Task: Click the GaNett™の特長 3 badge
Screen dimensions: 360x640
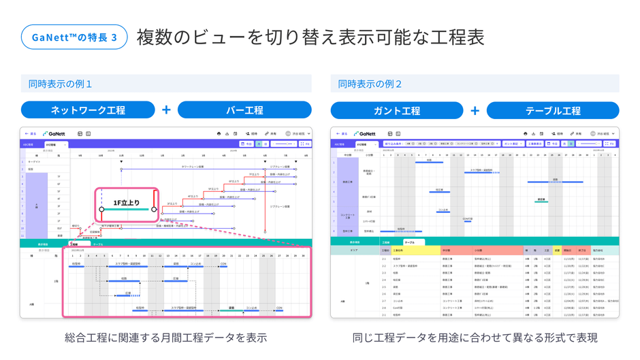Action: [74, 37]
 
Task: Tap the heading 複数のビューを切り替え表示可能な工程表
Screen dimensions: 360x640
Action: [310, 37]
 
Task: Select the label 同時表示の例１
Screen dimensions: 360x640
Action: [60, 84]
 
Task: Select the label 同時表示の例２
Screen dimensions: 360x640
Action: [370, 84]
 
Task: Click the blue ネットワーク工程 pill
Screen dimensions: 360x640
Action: [88, 110]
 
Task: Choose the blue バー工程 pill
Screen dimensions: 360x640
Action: [244, 110]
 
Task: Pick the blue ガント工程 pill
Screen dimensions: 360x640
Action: [397, 110]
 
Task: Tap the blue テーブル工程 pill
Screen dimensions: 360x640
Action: [553, 110]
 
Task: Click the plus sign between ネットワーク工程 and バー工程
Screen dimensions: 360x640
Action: [166, 110]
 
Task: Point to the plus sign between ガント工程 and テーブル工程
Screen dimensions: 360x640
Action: [475, 110]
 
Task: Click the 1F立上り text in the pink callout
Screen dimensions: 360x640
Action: [127, 202]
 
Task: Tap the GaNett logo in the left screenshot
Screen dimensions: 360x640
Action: [54, 134]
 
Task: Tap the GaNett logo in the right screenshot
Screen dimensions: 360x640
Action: [365, 134]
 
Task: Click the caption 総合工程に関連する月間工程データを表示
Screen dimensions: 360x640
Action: [165, 338]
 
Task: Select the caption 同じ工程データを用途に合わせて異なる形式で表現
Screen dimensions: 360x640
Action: [475, 338]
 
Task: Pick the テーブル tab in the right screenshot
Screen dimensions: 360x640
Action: [410, 242]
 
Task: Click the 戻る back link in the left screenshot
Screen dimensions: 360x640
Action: [31, 134]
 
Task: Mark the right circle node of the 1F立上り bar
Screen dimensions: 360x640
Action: [154, 210]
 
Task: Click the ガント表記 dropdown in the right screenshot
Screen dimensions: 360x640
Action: [512, 144]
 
